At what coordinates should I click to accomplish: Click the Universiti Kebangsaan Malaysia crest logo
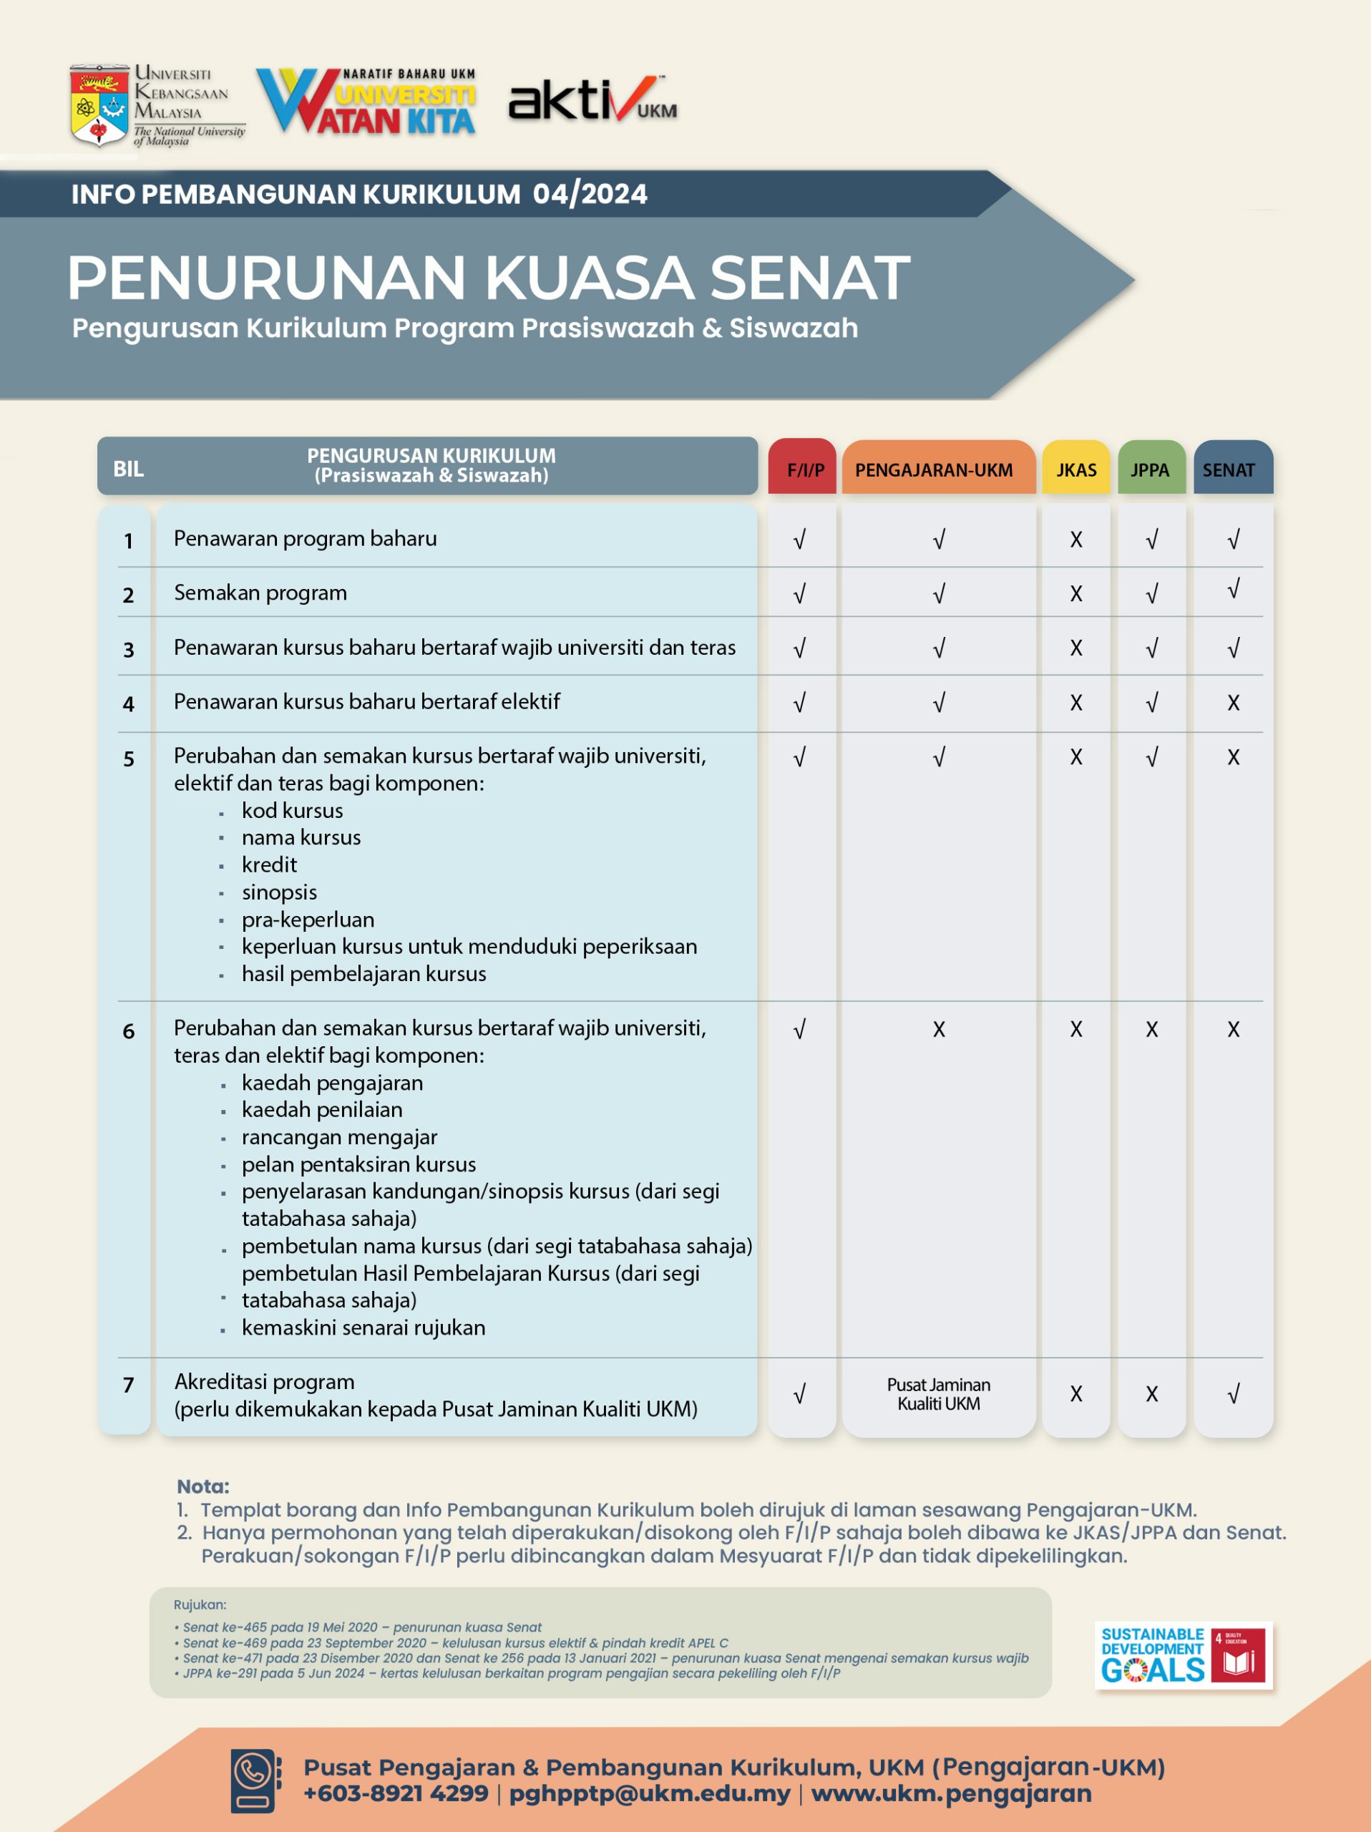(99, 105)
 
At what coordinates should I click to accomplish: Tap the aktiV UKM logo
(592, 101)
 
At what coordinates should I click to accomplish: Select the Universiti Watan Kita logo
(366, 102)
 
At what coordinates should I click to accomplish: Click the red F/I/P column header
(801, 468)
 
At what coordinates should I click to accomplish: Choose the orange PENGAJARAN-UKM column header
(937, 469)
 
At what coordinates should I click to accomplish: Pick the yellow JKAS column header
(1075, 469)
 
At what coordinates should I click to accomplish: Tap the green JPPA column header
(1151, 469)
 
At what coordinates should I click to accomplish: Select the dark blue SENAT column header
(1232, 469)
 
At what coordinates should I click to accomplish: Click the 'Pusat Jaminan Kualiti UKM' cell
(938, 1394)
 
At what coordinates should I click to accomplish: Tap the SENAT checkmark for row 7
(1233, 1395)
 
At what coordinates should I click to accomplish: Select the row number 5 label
(128, 759)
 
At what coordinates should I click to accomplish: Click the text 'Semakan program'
(260, 593)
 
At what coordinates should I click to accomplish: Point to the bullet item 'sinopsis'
(279, 892)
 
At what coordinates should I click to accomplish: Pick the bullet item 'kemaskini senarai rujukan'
(364, 1327)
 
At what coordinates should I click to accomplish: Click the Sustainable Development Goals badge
(1183, 1655)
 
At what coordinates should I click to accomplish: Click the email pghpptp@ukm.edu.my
(649, 1794)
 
